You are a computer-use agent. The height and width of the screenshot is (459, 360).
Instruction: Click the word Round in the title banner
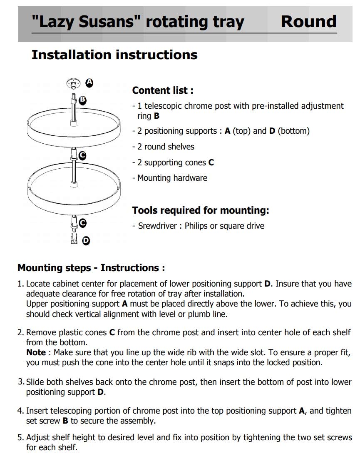click(x=308, y=22)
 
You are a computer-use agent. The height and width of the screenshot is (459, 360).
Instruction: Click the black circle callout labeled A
click(x=89, y=83)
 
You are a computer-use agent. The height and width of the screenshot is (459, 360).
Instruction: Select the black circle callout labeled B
click(x=83, y=100)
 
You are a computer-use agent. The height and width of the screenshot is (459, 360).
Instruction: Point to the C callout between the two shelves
click(x=82, y=155)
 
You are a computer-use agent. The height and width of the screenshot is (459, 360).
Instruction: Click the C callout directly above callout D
click(x=82, y=223)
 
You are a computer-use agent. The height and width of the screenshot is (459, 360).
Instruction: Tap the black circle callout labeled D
click(x=86, y=241)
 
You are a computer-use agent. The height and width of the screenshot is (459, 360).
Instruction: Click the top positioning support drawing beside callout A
click(x=73, y=83)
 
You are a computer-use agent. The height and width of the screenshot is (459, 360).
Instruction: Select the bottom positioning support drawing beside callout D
click(x=74, y=239)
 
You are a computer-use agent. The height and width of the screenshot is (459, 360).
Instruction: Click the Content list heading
click(x=163, y=90)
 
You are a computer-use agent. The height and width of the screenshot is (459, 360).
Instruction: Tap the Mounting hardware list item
click(x=172, y=178)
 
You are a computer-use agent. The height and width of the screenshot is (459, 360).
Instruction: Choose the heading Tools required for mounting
click(x=201, y=210)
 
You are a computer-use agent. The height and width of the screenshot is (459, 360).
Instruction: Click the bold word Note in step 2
click(x=36, y=352)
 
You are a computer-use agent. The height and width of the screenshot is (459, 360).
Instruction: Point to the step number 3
click(x=21, y=382)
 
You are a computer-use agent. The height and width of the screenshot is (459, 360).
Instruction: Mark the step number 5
click(x=20, y=438)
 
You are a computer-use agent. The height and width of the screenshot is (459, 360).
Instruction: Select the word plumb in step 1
click(x=198, y=314)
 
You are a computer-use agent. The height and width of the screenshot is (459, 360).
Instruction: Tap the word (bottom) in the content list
click(x=293, y=131)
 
